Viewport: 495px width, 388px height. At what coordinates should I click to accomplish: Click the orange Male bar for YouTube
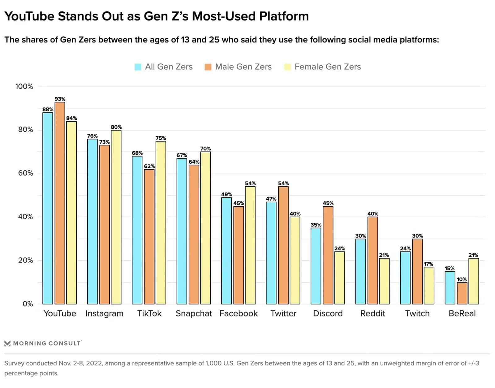click(x=60, y=203)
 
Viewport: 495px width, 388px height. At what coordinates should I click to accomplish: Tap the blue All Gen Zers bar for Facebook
click(x=226, y=251)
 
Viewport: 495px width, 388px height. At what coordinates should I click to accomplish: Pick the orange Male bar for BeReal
click(x=462, y=293)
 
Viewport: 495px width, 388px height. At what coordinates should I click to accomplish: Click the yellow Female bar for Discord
click(x=339, y=278)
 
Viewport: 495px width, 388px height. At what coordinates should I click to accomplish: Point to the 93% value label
click(x=60, y=99)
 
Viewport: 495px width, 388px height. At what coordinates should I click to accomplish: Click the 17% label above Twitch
click(x=428, y=264)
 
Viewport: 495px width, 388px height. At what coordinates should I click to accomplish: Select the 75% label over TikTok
click(x=161, y=138)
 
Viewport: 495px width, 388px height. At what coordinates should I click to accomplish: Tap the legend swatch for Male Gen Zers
click(x=208, y=67)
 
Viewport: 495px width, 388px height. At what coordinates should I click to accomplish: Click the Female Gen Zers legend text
click(x=327, y=67)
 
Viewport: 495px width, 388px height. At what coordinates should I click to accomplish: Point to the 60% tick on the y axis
click(x=25, y=173)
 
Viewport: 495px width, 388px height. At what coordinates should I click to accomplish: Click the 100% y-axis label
click(x=24, y=86)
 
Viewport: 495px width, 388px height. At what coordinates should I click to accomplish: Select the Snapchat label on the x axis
click(x=194, y=313)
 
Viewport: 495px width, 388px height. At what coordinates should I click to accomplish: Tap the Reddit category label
click(x=372, y=313)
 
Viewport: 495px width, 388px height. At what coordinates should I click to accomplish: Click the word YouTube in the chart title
click(x=29, y=16)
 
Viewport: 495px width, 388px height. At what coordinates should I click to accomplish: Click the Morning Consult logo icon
click(x=7, y=343)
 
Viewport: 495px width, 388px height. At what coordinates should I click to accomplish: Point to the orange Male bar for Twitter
click(x=283, y=245)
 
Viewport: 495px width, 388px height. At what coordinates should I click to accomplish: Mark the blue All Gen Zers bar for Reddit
click(x=360, y=271)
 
